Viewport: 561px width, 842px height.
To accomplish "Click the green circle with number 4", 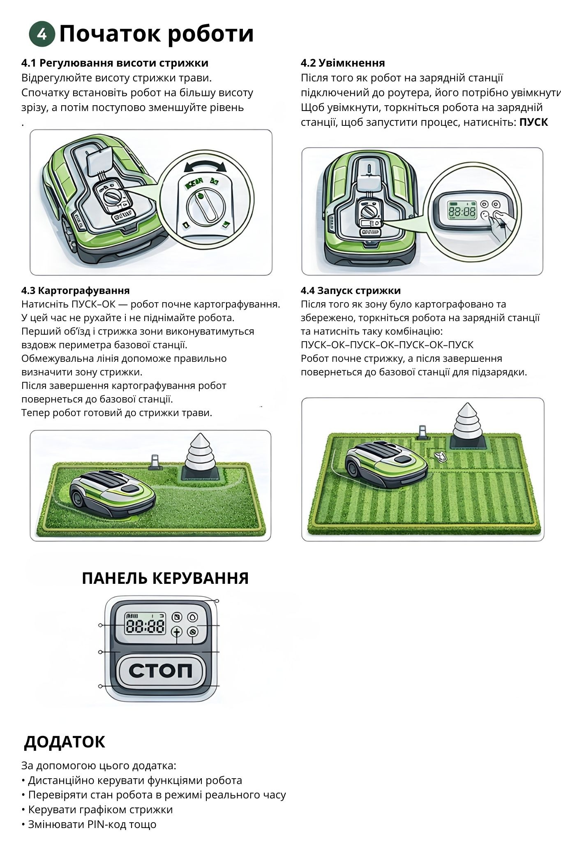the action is point(42,34).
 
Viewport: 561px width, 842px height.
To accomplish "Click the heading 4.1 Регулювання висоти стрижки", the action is point(115,63).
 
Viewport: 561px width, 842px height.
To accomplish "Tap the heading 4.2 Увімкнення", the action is point(343,63).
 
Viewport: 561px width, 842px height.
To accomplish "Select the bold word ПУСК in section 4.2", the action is point(533,123).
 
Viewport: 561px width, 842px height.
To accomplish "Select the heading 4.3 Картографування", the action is point(76,290).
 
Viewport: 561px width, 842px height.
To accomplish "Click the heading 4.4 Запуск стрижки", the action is point(351,290).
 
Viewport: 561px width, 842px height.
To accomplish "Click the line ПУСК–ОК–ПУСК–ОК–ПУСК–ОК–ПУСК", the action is point(387,345).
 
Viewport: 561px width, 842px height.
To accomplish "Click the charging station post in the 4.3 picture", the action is point(154,461).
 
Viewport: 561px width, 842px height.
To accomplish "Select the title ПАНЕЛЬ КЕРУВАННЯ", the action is point(165,578).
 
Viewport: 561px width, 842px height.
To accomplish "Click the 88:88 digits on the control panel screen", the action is point(145,626).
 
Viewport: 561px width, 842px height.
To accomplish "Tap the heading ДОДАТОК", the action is point(65,742).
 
